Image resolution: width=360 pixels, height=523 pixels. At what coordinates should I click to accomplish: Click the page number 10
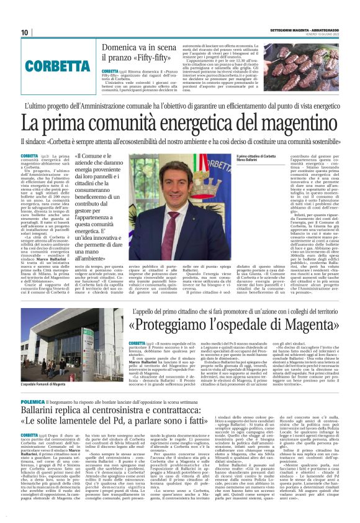coord(25,32)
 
